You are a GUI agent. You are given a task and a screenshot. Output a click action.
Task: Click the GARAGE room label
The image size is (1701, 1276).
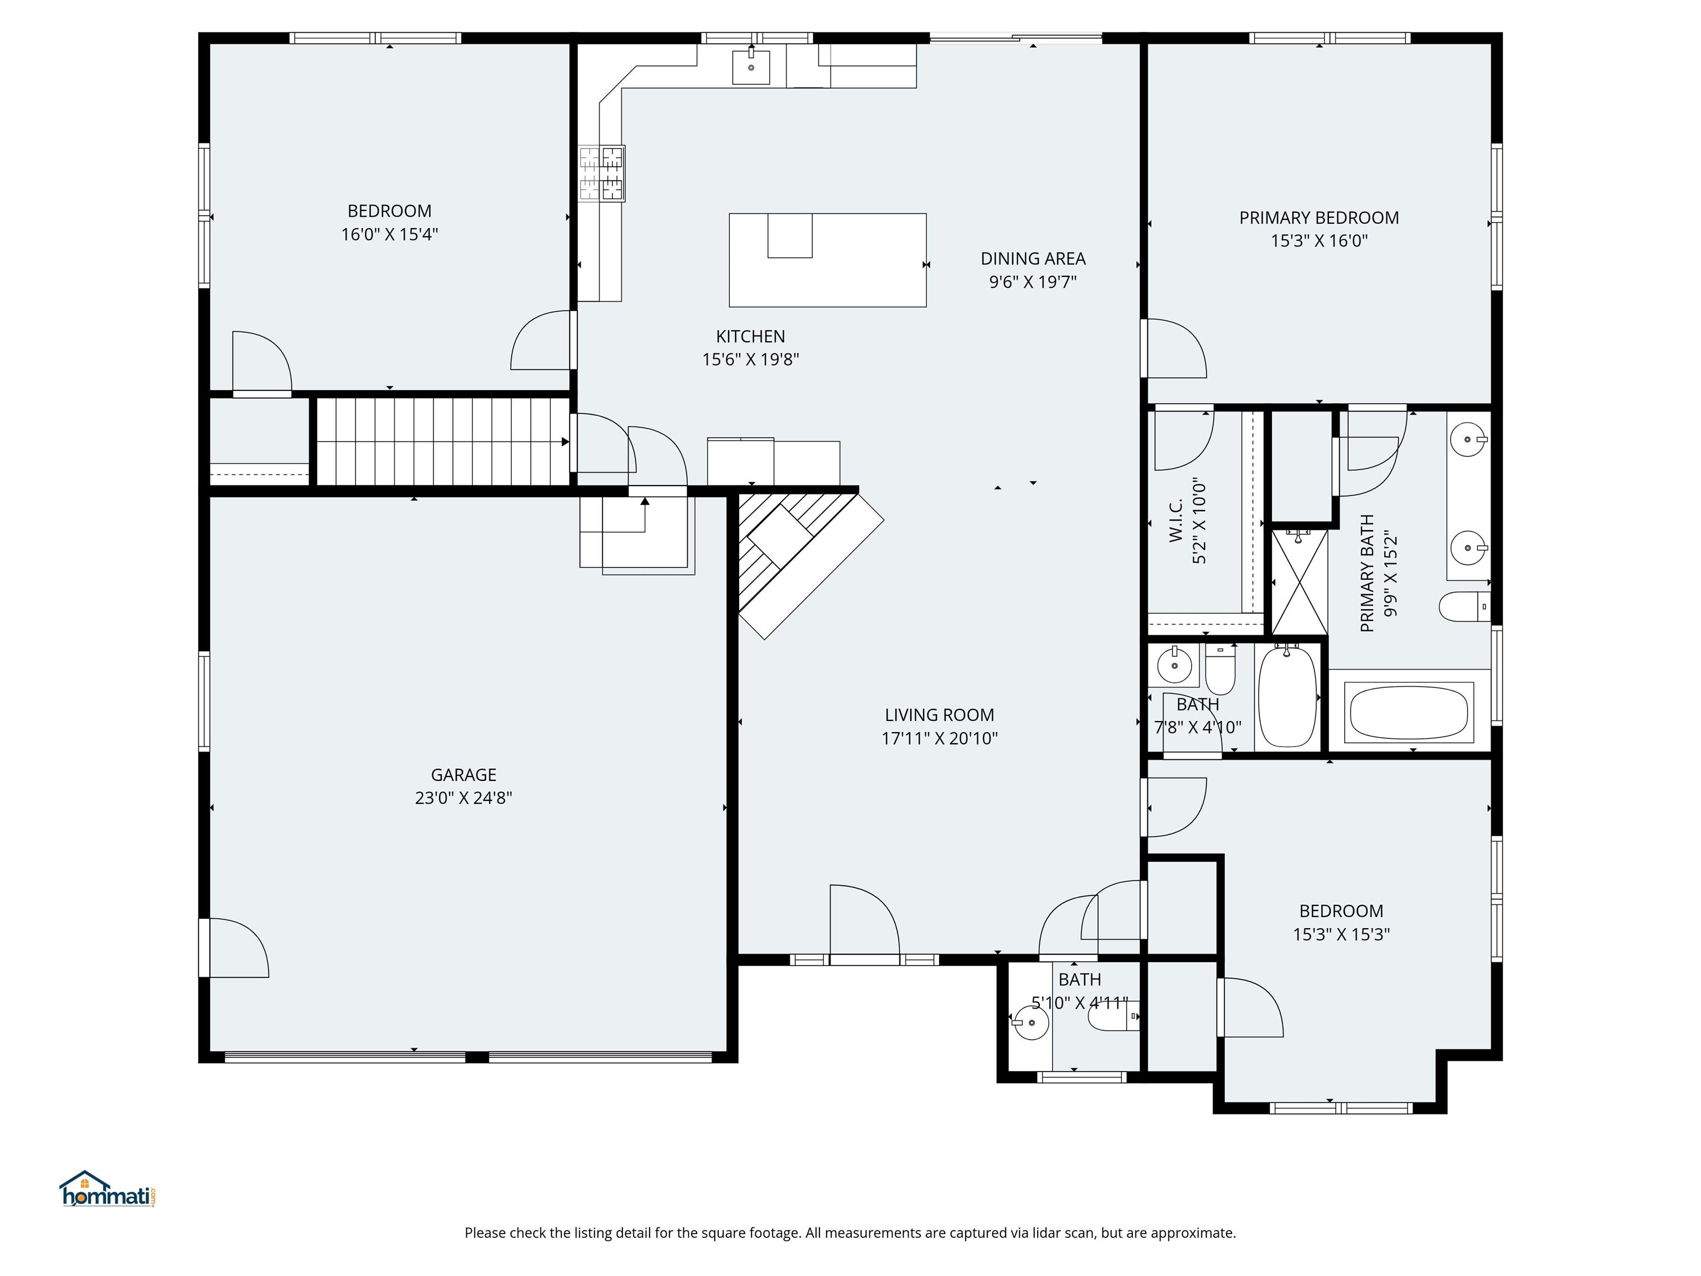(463, 775)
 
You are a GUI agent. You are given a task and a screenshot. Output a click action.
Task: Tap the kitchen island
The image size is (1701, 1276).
(827, 260)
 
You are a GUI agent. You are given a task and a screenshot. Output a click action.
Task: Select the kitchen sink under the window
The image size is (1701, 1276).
(750, 67)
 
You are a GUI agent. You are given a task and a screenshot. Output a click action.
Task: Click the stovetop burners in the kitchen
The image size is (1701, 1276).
(601, 174)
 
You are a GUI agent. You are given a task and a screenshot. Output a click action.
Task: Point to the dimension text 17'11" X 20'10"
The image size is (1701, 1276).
(939, 738)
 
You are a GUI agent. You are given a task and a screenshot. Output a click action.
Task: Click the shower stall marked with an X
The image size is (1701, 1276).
(1299, 581)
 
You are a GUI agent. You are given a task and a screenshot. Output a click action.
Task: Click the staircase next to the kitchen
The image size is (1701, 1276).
(442, 441)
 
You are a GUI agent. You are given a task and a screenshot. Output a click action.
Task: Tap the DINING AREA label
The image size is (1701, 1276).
(1032, 259)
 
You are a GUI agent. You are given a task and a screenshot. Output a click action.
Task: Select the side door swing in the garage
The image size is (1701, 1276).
(239, 948)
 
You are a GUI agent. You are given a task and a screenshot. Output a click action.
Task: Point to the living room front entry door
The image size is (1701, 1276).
(864, 923)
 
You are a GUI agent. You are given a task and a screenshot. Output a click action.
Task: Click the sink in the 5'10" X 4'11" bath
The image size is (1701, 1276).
(1030, 1023)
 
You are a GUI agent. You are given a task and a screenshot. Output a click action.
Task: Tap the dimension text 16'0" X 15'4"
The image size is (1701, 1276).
(389, 235)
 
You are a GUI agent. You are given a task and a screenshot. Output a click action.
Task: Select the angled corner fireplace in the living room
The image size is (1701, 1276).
(800, 562)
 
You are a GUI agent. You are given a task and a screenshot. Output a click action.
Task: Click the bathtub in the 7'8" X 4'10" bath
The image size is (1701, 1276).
(1287, 697)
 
